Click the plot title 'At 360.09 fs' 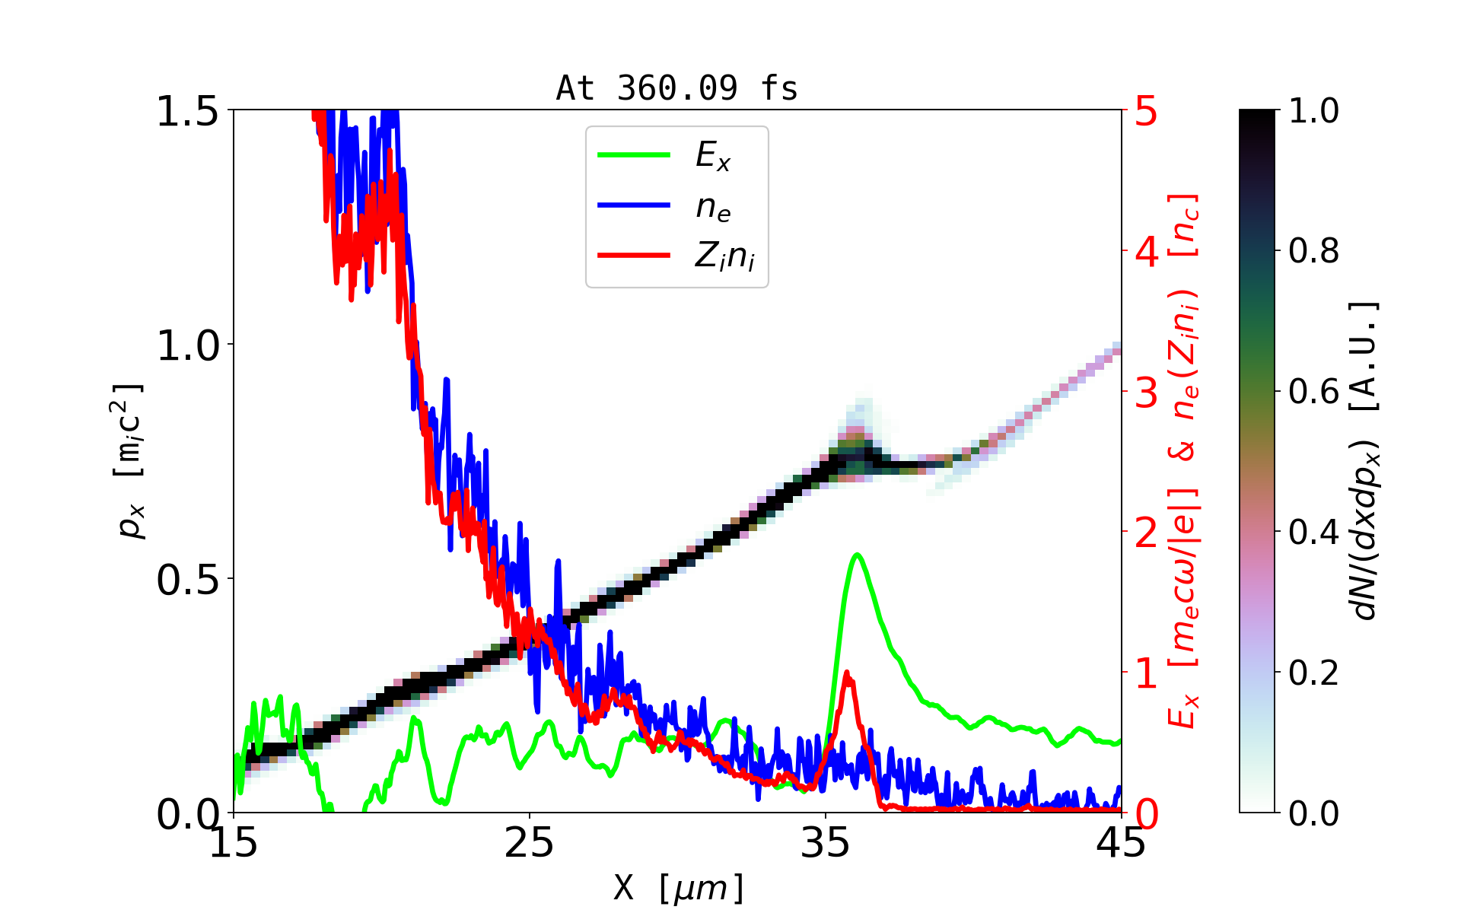coord(676,88)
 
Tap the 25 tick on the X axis coord(529,843)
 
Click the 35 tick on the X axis coord(826,843)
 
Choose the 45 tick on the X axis coord(1122,843)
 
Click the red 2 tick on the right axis coord(1147,533)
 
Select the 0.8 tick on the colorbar coord(1314,250)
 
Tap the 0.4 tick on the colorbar coord(1314,532)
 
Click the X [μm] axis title coord(679,887)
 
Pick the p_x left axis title coord(128,461)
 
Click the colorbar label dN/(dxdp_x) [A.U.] coord(1365,461)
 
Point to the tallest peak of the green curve coord(858,554)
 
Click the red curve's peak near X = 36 coord(847,673)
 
